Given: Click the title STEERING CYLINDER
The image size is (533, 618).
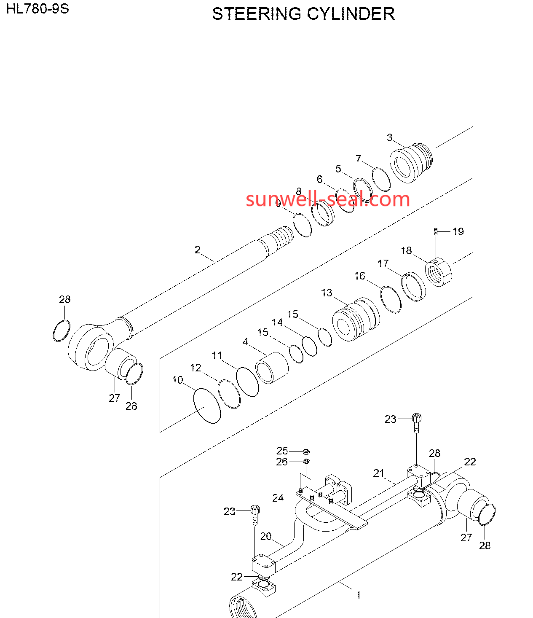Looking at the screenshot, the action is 303,14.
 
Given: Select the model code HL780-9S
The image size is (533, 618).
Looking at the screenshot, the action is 37,9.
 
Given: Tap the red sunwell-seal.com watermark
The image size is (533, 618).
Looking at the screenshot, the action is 328,199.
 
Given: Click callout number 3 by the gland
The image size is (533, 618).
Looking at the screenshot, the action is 389,137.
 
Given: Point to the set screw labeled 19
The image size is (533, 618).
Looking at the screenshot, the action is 436,232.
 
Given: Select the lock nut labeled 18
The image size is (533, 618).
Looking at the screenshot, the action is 438,272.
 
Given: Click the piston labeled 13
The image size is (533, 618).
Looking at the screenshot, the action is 356,319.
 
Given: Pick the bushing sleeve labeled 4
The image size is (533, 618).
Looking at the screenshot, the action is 272,368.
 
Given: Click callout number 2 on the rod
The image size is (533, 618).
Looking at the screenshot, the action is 198,250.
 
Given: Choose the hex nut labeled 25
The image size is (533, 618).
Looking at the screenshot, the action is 306,452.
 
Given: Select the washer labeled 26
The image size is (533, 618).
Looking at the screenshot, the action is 306,461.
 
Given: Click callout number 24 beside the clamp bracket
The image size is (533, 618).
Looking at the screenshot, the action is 278,498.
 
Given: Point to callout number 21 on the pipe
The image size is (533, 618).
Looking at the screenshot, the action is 378,473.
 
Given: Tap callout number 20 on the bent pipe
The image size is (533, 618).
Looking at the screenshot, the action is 265,536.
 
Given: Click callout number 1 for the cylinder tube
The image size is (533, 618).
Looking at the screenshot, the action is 359,595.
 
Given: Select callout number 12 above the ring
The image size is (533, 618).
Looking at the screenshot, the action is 196,368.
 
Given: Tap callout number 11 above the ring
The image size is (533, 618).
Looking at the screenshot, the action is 217,355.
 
